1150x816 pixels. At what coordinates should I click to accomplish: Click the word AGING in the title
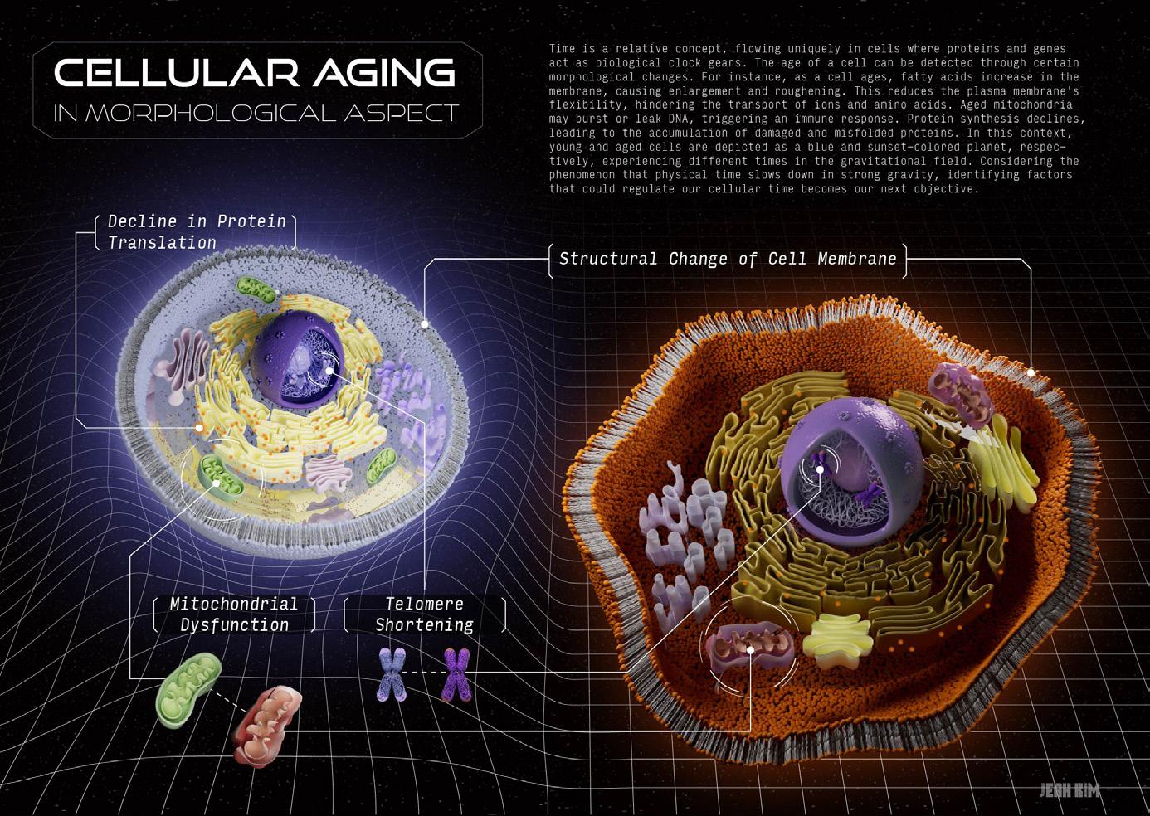click(x=383, y=73)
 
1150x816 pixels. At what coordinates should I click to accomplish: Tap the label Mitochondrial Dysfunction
click(x=234, y=614)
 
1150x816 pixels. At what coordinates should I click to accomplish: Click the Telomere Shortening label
click(x=424, y=614)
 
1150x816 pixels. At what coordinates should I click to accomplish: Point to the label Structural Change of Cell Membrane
click(x=728, y=259)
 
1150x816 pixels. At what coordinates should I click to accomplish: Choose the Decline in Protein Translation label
click(x=196, y=231)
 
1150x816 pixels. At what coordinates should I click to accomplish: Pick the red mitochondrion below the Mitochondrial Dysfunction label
click(x=267, y=724)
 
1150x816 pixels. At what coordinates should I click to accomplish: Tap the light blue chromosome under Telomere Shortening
click(x=392, y=674)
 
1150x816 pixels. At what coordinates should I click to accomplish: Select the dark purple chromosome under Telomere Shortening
click(x=456, y=674)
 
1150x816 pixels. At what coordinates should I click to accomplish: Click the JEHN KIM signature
click(x=1070, y=790)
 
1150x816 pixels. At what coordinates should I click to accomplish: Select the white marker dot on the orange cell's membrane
click(x=1031, y=373)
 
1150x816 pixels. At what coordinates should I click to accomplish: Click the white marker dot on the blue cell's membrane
click(x=425, y=324)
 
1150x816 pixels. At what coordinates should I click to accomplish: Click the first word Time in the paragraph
click(x=562, y=49)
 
